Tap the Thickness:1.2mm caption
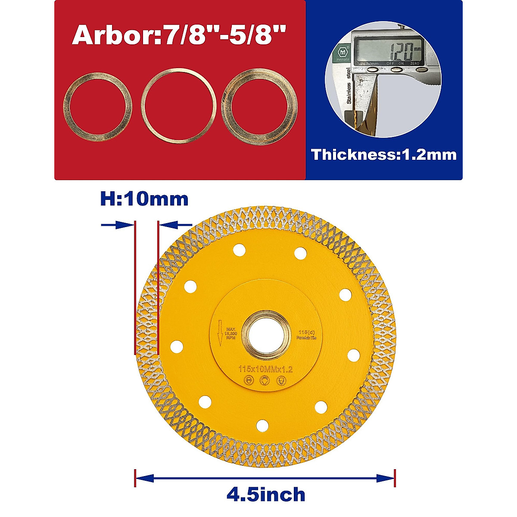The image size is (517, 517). click(384, 154)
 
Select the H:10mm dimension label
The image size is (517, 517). click(144, 199)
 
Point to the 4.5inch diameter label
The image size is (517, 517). click(266, 494)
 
